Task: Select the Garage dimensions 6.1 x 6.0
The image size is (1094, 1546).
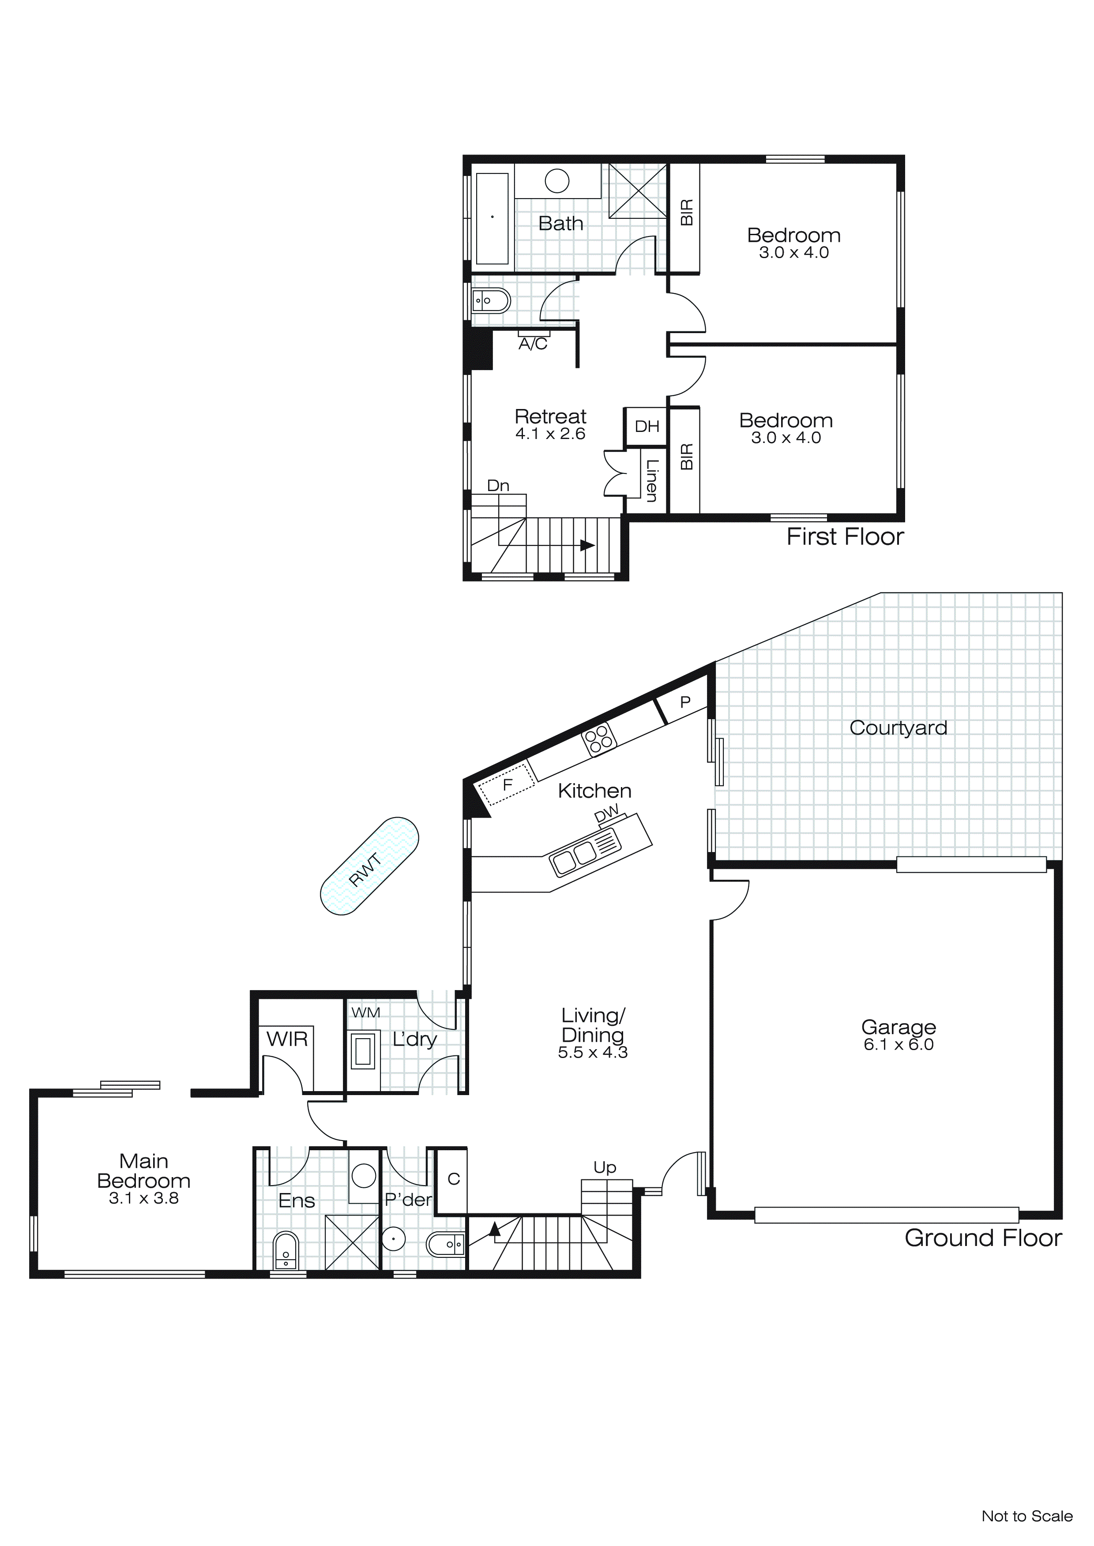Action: (x=898, y=1045)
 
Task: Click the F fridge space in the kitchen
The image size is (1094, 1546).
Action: (x=507, y=784)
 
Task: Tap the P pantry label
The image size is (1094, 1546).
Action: (x=685, y=702)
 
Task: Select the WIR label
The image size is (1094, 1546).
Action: (x=287, y=1039)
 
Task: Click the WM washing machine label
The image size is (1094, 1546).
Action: (x=366, y=1013)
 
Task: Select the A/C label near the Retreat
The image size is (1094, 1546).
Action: (x=533, y=345)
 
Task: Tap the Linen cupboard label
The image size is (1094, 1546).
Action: (x=651, y=480)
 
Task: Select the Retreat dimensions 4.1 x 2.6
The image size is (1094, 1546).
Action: (x=550, y=434)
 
